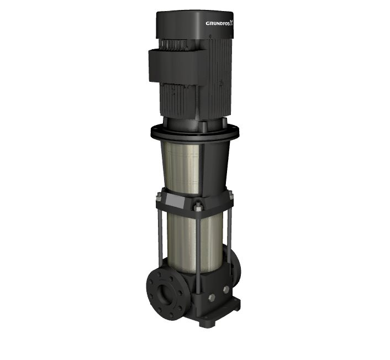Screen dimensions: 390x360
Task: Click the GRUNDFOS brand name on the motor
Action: tap(218, 23)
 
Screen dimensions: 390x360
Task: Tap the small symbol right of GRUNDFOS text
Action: tap(232, 23)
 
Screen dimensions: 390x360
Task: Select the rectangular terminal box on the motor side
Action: tap(178, 65)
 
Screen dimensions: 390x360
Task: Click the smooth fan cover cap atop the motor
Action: tap(195, 25)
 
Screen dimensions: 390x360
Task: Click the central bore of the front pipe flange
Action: tap(163, 293)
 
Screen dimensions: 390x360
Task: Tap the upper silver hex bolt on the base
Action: tap(226, 289)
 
